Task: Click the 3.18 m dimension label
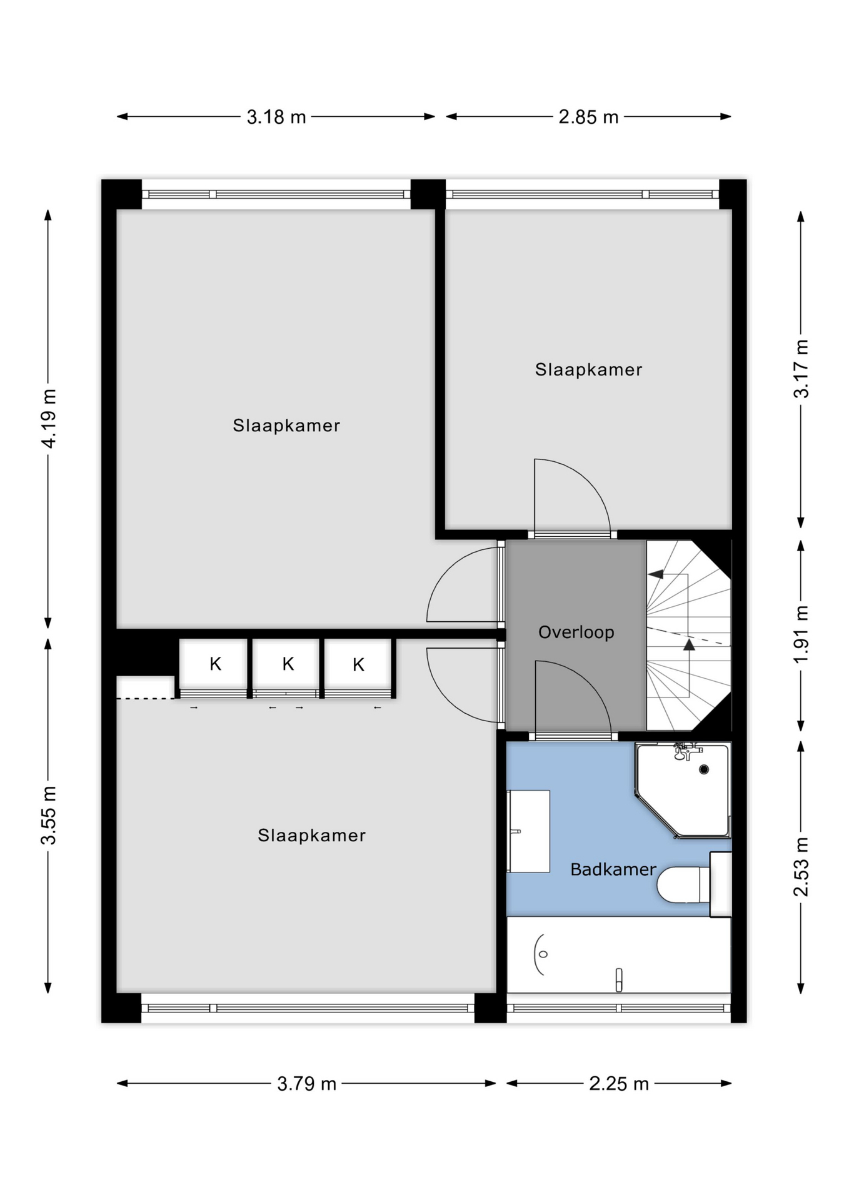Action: [276, 117]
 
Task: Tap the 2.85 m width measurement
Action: [588, 117]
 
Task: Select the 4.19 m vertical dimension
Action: [49, 418]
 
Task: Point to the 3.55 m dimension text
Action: [49, 816]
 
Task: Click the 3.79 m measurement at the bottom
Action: [307, 1084]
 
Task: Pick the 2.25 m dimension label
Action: [619, 1084]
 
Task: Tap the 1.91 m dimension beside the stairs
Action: [801, 634]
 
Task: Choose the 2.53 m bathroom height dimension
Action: [801, 867]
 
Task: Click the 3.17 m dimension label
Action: [801, 369]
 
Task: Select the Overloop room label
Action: [576, 632]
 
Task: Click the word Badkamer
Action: [613, 869]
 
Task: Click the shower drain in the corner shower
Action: [704, 769]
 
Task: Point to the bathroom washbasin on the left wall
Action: [528, 831]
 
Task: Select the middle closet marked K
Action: [288, 664]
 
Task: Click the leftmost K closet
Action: [215, 664]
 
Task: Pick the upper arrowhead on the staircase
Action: [655, 574]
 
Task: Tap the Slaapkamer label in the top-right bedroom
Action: [589, 369]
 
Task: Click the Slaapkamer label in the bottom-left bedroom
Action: [312, 836]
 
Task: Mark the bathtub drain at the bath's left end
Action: [543, 954]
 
